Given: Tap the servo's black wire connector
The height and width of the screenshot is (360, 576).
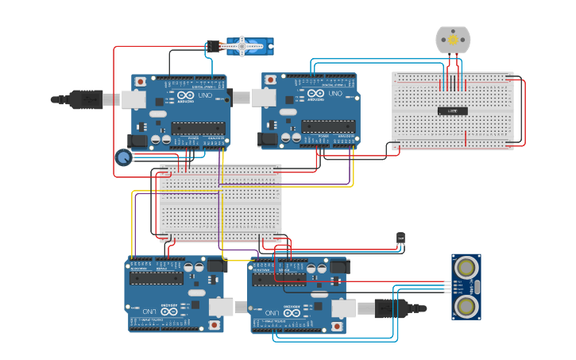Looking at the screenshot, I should pyautogui.click(x=212, y=47).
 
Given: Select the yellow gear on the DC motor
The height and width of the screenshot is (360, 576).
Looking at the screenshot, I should pyautogui.click(x=453, y=39).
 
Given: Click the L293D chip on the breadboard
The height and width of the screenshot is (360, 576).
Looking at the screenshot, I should pyautogui.click(x=452, y=110).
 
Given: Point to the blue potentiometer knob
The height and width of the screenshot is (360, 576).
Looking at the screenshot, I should pyautogui.click(x=123, y=157).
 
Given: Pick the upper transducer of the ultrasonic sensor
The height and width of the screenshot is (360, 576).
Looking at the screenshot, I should pyautogui.click(x=466, y=266).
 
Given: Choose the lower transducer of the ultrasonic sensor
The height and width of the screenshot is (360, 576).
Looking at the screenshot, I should pyautogui.click(x=466, y=305).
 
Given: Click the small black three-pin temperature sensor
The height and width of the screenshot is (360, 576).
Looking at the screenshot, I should pyautogui.click(x=400, y=238).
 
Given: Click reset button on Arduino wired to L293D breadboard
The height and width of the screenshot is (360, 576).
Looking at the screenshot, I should pyautogui.click(x=271, y=80).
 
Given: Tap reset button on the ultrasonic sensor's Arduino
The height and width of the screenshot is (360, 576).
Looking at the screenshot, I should pyautogui.click(x=337, y=326).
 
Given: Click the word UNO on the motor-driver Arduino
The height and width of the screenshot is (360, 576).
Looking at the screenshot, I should pyautogui.click(x=334, y=94).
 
